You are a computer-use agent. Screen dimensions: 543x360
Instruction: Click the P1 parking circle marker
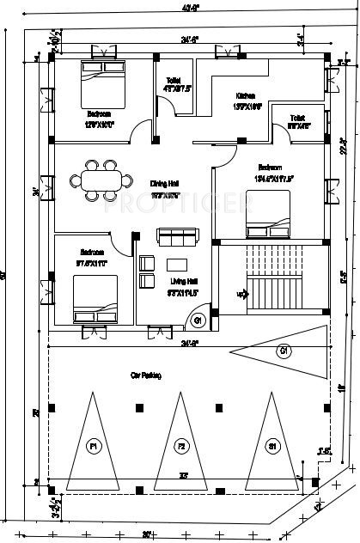[93, 447]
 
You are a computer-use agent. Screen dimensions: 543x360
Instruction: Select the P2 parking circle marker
[181, 447]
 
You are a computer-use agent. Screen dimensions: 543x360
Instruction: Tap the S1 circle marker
[272, 447]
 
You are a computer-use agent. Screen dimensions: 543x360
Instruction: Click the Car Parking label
[146, 375]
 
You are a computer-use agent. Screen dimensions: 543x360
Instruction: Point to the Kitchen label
[246, 97]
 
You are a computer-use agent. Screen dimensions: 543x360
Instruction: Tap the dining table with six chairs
[102, 180]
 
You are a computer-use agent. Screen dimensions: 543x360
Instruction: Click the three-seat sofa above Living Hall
[177, 235]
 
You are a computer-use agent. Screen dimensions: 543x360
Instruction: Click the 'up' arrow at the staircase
[242, 295]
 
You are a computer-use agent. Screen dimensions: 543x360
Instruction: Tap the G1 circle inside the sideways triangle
[283, 351]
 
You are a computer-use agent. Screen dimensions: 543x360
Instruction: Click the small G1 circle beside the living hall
[197, 321]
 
